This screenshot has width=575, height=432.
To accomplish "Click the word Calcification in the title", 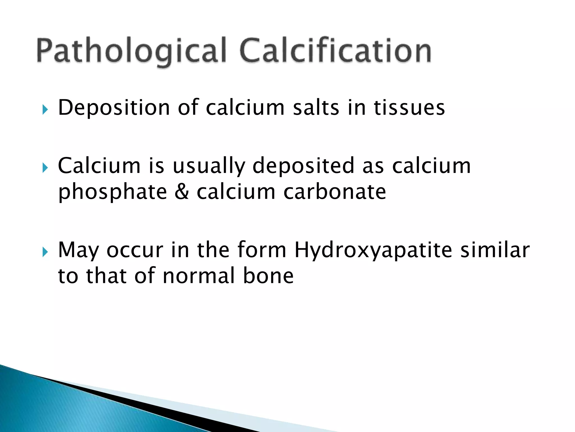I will coord(336,51).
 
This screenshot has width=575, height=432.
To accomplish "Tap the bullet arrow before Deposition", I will coord(45,109).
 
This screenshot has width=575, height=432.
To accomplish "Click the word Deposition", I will coord(114,108).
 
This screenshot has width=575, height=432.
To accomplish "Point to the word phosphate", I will coord(112,193).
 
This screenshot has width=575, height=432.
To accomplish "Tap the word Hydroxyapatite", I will coord(373,251).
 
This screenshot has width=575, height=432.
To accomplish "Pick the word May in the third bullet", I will coord(78,251).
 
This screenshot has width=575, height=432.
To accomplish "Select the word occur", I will coord(135,250).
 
